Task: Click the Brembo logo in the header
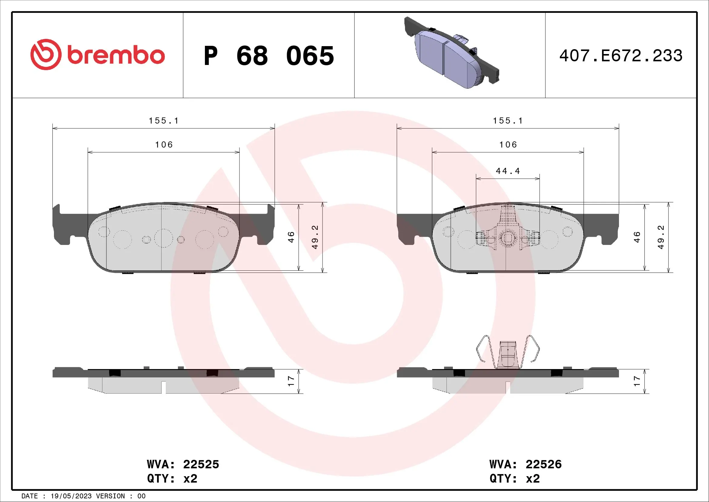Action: pos(97,55)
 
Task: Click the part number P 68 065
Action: pos(269,56)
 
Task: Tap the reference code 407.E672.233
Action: pos(621,56)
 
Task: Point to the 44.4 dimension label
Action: pos(508,171)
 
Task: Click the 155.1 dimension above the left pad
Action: pos(164,121)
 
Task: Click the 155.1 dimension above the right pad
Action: pos(508,121)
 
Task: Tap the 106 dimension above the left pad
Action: pos(164,145)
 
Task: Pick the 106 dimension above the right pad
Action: pos(508,145)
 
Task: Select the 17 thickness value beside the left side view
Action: pos(291,381)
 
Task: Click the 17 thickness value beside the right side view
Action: pos(637,381)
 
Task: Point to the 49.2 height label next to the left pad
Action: pos(315,237)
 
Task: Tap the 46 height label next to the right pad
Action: pos(637,237)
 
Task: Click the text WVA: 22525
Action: pos(183,464)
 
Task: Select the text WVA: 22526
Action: pos(525,464)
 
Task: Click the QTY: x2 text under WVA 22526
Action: pos(514,479)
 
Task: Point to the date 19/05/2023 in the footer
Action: pos(71,496)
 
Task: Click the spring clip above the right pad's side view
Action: pos(508,352)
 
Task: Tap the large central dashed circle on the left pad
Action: pos(163,238)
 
